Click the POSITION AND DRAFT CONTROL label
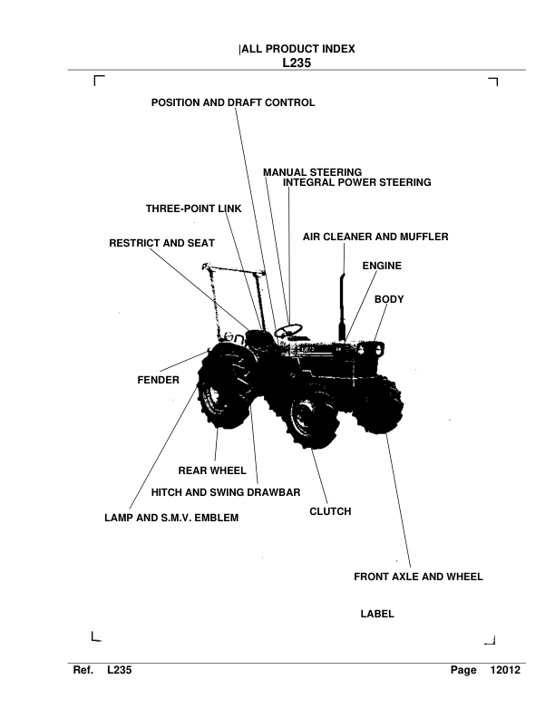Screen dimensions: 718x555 pos(233,103)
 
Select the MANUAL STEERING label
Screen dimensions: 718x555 pos(313,171)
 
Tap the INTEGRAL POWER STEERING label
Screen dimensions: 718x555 pos(356,182)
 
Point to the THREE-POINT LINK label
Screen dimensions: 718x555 pos(194,209)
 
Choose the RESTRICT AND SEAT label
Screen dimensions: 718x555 pos(161,244)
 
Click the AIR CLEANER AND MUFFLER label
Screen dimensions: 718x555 pos(375,237)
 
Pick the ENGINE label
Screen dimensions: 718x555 pos(382,266)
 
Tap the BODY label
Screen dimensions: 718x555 pos(389,298)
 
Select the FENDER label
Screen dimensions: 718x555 pos(159,380)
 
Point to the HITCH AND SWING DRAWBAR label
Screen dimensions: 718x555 pos(226,491)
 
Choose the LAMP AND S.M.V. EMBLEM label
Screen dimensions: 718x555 pos(171,519)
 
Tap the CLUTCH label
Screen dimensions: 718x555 pos(330,511)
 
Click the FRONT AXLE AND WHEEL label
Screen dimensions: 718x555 pos(418,576)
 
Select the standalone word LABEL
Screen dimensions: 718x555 pos(377,614)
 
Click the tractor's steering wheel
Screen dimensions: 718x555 pos(290,330)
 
